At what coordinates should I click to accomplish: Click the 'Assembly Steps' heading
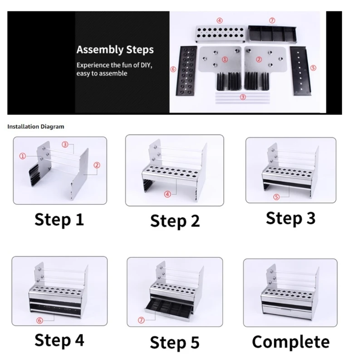click(115, 49)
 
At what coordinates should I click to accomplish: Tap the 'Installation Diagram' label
click(36, 127)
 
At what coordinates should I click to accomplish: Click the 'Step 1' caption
click(59, 219)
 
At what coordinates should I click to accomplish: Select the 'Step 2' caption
click(175, 221)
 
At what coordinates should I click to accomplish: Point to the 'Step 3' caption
click(290, 218)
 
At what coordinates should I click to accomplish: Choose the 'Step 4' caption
click(59, 340)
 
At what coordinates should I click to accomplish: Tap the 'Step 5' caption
click(175, 342)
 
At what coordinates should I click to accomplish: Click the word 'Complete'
click(291, 342)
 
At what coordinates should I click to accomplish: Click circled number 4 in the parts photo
click(220, 20)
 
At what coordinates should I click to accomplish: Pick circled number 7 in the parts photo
click(272, 20)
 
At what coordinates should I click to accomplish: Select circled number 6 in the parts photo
click(173, 69)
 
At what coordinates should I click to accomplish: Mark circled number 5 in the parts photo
click(313, 68)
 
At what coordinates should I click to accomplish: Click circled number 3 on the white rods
click(243, 97)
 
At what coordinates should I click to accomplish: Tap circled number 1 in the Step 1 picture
click(23, 156)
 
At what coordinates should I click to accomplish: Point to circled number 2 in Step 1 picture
click(97, 165)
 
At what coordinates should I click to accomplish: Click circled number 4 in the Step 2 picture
click(167, 194)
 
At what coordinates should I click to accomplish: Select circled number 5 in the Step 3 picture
click(276, 197)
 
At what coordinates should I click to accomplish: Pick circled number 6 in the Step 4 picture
click(39, 320)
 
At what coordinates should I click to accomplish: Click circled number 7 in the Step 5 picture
click(141, 320)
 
